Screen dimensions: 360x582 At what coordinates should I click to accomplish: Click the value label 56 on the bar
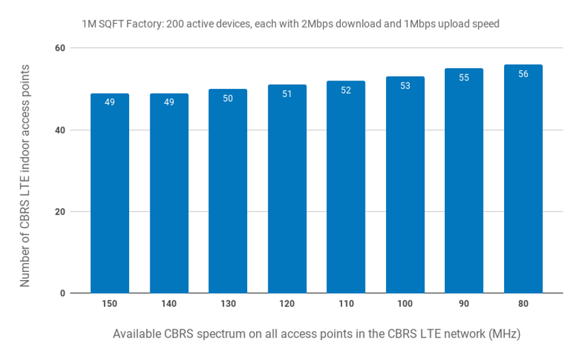(523, 74)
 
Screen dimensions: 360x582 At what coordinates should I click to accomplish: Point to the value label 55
(464, 78)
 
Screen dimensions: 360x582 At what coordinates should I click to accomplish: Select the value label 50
(228, 98)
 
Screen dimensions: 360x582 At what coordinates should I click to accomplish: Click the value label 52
(346, 90)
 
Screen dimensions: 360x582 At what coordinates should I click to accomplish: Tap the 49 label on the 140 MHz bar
(169, 102)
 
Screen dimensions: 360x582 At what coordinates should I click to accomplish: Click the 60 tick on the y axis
(60, 48)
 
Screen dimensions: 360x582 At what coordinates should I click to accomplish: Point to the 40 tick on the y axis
(60, 130)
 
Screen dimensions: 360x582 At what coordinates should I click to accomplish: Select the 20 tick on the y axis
(60, 212)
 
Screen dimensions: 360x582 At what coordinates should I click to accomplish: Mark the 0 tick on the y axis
(63, 294)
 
